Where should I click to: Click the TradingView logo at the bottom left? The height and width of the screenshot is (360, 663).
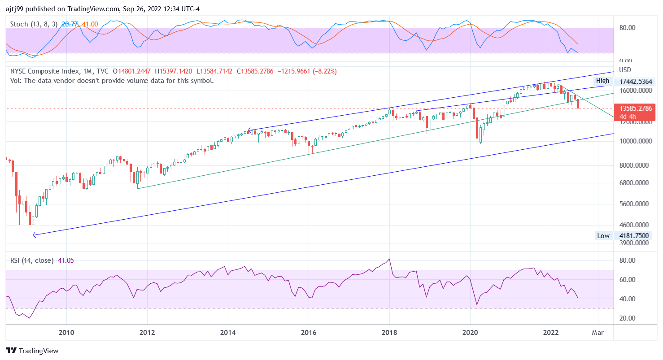[x=32, y=351]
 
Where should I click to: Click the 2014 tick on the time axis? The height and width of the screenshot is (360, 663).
[x=228, y=332]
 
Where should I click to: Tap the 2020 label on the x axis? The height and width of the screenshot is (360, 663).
[x=470, y=332]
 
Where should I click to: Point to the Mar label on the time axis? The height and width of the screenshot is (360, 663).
[x=598, y=332]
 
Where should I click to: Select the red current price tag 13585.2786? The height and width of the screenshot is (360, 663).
[x=636, y=108]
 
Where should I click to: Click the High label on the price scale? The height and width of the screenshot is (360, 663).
[x=602, y=81]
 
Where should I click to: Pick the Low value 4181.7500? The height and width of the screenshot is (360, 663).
[x=636, y=236]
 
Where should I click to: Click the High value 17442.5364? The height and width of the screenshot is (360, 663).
[x=636, y=81]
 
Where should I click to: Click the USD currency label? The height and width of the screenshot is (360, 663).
[x=625, y=70]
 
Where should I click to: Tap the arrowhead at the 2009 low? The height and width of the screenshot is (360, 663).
[x=34, y=234]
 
